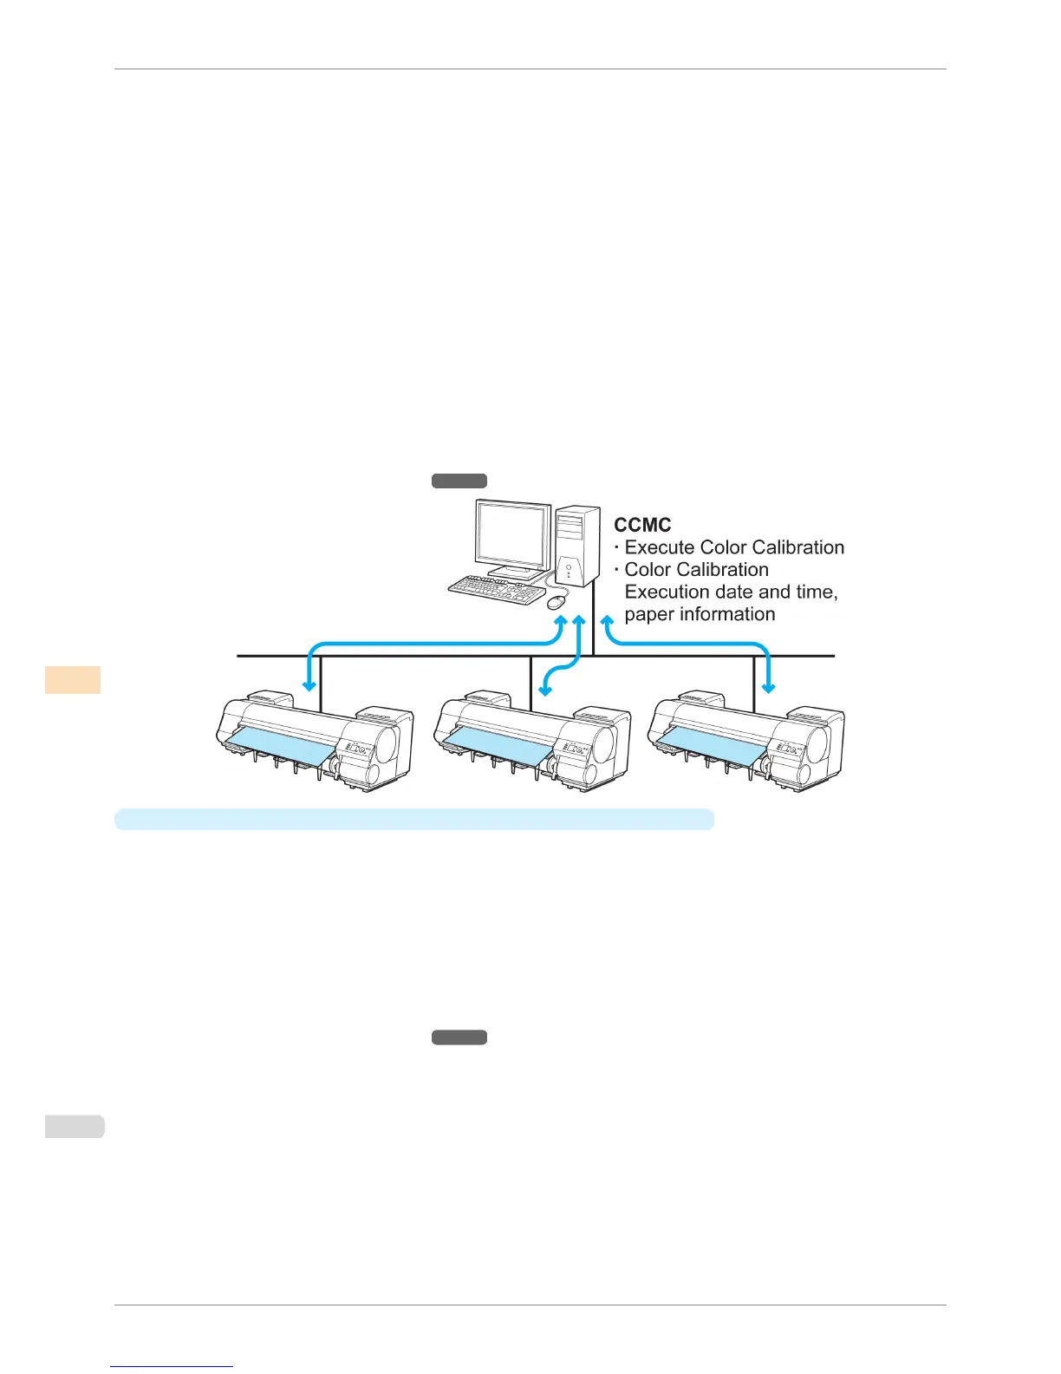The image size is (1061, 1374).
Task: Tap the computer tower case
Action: [577, 546]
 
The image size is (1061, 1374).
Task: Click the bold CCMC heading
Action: [642, 526]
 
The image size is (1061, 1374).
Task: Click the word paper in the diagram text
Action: [648, 615]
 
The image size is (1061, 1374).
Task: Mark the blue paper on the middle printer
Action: [497, 741]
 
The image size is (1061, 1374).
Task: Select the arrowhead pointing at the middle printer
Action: [544, 690]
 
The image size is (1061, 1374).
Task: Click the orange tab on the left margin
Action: [73, 679]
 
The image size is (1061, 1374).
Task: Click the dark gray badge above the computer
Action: [459, 481]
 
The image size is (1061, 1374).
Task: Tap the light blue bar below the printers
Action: [414, 820]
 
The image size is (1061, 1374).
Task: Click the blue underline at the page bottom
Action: [172, 1366]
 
